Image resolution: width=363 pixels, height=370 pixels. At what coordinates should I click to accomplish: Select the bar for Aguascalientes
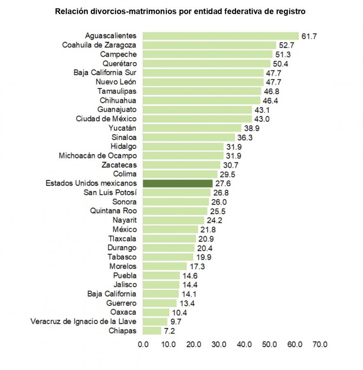[x=221, y=36]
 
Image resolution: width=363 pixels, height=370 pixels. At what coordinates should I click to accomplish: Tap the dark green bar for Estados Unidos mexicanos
[x=177, y=183]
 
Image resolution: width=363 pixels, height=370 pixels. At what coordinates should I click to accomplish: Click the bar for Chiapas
[x=152, y=331]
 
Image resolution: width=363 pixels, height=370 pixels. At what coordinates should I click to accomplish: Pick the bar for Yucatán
[x=192, y=128]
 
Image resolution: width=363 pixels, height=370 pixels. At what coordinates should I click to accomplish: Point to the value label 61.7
[x=309, y=36]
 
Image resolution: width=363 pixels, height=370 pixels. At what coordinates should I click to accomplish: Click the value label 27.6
[x=223, y=183]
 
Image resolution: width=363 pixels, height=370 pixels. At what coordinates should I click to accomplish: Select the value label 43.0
[x=262, y=119]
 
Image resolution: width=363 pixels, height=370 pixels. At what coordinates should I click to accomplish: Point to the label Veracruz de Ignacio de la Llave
[x=84, y=321]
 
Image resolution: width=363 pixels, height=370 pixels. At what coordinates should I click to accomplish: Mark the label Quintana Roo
[x=113, y=211]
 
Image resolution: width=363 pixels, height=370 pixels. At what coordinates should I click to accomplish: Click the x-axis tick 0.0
[x=143, y=345]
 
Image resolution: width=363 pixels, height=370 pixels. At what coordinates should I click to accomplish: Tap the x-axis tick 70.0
[x=319, y=345]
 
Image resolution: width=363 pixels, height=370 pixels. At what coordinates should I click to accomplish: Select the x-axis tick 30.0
[x=218, y=345]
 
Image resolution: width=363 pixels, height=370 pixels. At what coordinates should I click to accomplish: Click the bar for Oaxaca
[x=156, y=312]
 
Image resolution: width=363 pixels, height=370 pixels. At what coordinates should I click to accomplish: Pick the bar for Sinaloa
[x=188, y=137]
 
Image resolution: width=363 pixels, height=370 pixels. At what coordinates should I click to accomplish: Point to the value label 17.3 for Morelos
[x=195, y=266]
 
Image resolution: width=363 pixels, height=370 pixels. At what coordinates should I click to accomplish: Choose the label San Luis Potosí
[x=110, y=192]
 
